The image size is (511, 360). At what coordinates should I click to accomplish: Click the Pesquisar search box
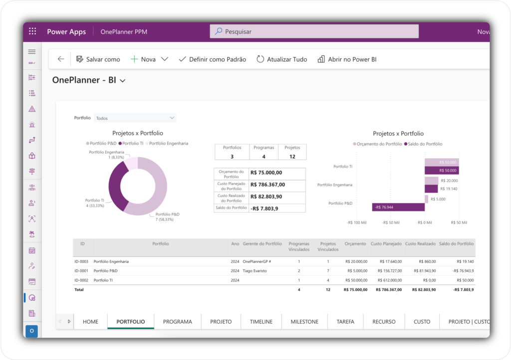314,31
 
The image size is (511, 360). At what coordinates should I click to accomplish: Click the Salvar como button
98,59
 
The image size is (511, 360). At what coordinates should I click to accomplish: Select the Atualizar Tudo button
282,59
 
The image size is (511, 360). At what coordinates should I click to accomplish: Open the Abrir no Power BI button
347,59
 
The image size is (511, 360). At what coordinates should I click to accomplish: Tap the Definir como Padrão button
212,59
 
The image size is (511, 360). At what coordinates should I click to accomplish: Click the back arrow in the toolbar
61,59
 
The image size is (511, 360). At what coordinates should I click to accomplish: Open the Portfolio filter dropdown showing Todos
135,118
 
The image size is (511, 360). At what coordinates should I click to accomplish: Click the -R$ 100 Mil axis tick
357,222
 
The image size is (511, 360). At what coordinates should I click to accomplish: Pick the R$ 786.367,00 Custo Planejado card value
266,184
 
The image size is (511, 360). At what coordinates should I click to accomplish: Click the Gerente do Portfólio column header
262,244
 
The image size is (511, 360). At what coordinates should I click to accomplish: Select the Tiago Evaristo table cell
255,271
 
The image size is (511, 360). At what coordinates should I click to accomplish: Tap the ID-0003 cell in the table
81,261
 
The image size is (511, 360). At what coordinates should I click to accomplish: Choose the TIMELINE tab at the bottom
261,322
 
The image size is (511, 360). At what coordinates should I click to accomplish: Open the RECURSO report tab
384,322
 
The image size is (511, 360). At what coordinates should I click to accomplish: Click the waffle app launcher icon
32,31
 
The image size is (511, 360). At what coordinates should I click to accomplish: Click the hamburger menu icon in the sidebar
32,52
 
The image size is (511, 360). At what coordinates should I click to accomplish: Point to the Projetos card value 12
292,157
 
